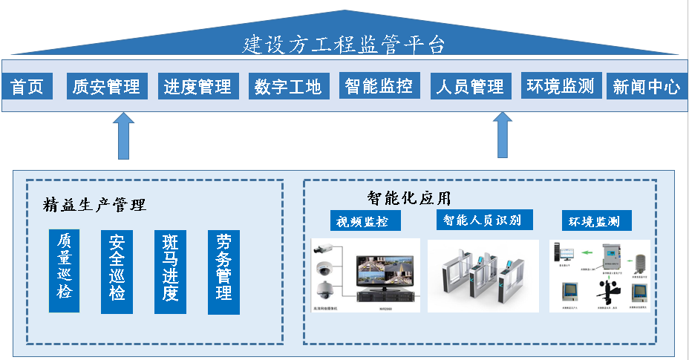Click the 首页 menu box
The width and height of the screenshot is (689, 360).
[x=27, y=87]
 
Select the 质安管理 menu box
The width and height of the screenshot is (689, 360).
[x=107, y=87]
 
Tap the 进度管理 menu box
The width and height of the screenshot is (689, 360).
[x=197, y=87]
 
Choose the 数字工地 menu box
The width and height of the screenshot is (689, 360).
[x=288, y=87]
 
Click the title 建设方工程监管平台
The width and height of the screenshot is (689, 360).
[x=344, y=45]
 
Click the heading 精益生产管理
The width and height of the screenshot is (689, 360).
[x=94, y=205]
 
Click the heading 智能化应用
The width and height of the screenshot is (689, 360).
[x=408, y=198]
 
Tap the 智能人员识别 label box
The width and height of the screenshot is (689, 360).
[x=483, y=220]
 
